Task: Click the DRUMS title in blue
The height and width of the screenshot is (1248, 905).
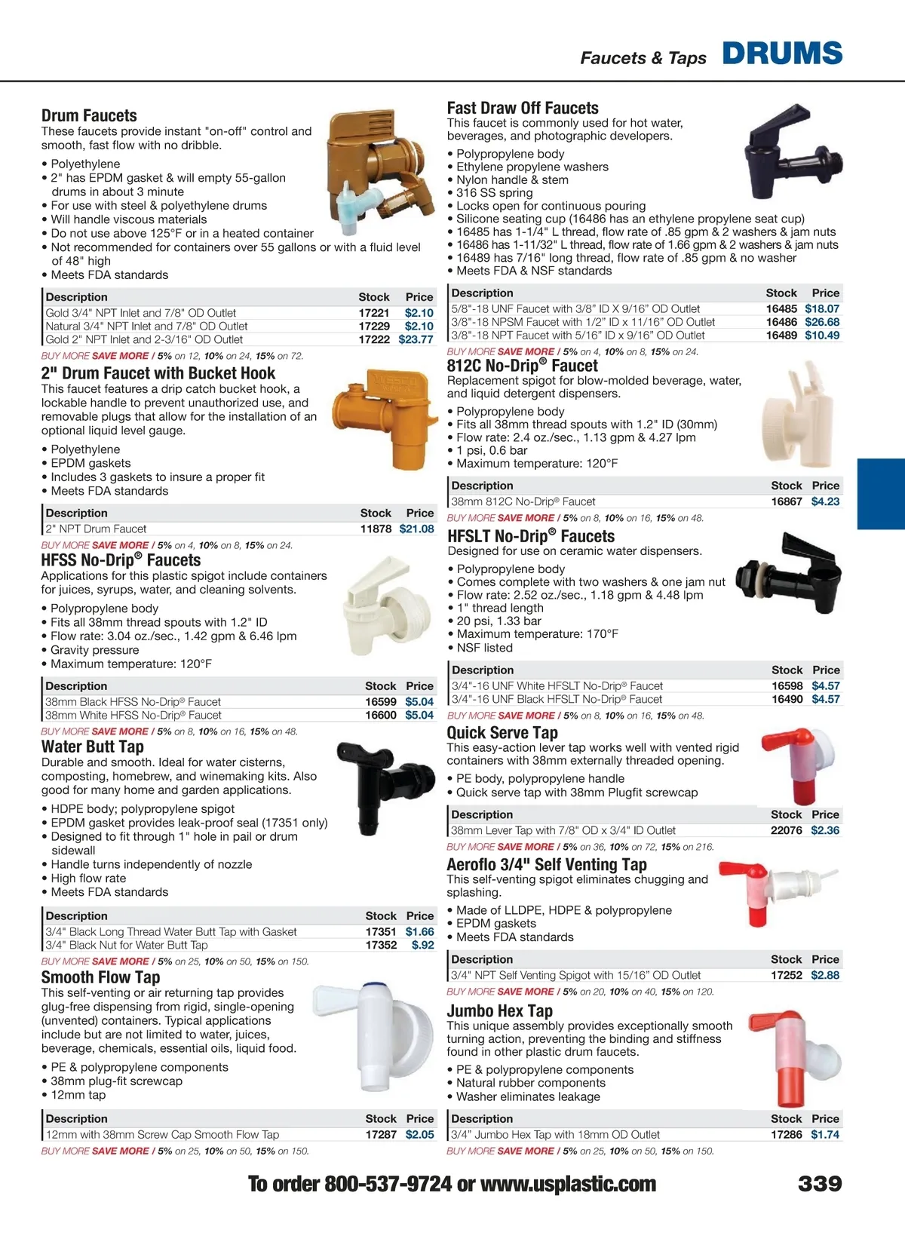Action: pyautogui.click(x=782, y=54)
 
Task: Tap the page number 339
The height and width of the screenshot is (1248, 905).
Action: pyautogui.click(x=820, y=1184)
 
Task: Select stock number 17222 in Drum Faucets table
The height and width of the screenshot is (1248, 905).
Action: pyautogui.click(x=374, y=339)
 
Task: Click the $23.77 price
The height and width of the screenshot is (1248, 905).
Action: pyautogui.click(x=416, y=339)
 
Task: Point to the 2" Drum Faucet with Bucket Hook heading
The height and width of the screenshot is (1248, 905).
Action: pyautogui.click(x=158, y=373)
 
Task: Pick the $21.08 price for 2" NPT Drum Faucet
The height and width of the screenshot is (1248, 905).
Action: pyautogui.click(x=416, y=529)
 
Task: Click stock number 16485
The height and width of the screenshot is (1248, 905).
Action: pyautogui.click(x=781, y=308)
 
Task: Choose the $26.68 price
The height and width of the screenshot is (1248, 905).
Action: pyautogui.click(x=822, y=322)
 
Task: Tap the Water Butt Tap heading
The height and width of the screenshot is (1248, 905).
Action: pyautogui.click(x=93, y=747)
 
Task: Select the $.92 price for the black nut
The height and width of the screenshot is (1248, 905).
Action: pyautogui.click(x=422, y=945)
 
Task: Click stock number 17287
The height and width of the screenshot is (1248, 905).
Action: pyautogui.click(x=381, y=1134)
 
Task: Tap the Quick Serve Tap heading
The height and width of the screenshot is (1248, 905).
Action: pyautogui.click(x=502, y=732)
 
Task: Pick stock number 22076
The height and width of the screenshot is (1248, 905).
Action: pyautogui.click(x=786, y=830)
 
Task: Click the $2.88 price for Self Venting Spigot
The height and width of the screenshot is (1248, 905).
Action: pyautogui.click(x=825, y=975)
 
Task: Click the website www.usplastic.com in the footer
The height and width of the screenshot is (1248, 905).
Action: pyautogui.click(x=568, y=1184)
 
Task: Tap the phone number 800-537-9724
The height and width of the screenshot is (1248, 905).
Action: pyautogui.click(x=388, y=1184)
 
